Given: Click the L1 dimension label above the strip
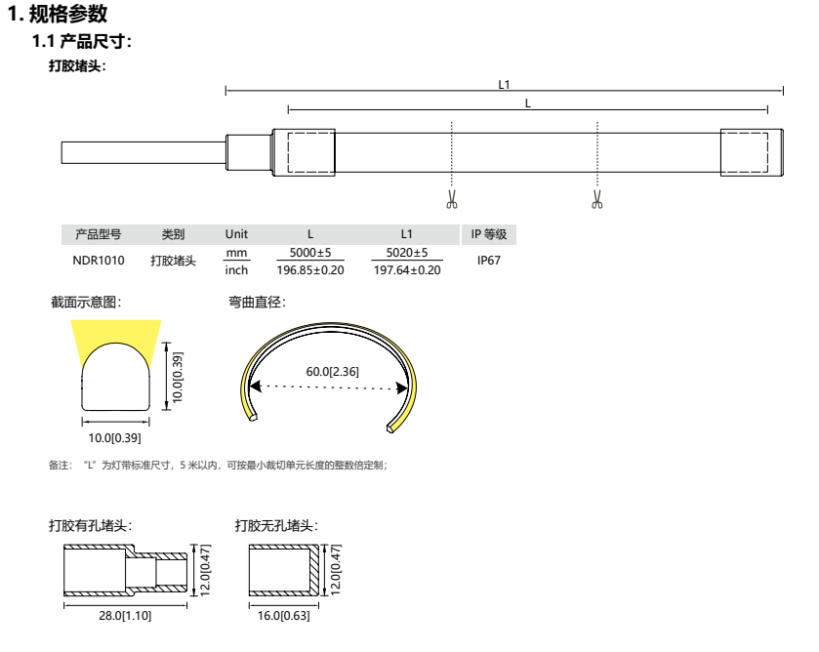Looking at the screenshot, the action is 504,85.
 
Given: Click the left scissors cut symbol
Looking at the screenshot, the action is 452,199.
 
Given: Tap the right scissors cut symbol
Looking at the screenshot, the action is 597,199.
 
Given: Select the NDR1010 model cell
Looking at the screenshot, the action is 99,261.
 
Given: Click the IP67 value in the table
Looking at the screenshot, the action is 489,261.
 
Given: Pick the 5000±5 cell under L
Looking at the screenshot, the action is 310,253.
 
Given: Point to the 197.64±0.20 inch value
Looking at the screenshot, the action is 407,270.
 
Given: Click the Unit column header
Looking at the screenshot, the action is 236,234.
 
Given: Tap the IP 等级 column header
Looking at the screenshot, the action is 489,234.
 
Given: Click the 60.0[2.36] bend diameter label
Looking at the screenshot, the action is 332,372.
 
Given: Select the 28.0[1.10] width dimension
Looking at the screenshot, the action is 125,616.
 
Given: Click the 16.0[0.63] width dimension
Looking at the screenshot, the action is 284,616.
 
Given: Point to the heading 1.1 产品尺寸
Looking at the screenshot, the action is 82,41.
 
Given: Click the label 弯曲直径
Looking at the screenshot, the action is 257,302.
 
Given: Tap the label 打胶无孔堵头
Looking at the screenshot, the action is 276,525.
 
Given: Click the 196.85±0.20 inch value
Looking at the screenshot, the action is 310,270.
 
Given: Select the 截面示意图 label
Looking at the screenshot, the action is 86,302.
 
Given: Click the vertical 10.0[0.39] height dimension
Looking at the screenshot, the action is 178,377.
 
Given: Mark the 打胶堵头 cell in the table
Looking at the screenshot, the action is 173,261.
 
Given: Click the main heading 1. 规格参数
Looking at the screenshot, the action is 58,14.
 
